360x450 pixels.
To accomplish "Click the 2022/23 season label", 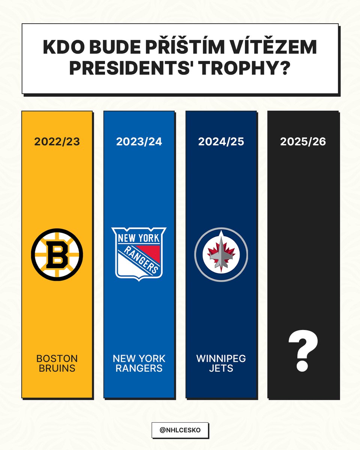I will (57, 142).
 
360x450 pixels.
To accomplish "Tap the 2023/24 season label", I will (139, 142).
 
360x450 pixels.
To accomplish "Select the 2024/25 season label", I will (221, 142).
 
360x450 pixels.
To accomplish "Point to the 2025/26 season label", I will (303, 142).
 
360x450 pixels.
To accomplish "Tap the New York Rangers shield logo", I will (139, 253).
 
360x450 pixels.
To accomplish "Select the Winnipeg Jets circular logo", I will (221, 254).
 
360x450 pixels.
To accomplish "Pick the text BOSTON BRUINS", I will (57, 363).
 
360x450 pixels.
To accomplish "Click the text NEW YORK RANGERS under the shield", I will (139, 363).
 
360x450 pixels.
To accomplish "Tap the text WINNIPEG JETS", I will (221, 363).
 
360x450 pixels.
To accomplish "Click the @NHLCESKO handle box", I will (180, 430).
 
